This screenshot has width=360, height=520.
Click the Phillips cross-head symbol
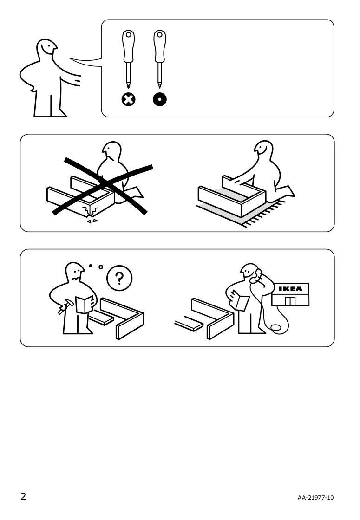(x=128, y=99)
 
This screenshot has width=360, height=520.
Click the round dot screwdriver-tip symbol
(x=160, y=99)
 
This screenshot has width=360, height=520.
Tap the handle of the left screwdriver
(x=128, y=46)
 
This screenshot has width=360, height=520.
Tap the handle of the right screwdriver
(x=160, y=46)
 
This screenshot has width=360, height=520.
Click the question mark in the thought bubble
(x=119, y=278)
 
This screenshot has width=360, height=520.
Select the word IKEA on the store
(x=290, y=289)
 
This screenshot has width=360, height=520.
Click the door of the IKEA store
(x=290, y=301)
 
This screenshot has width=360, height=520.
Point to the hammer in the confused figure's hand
(x=65, y=307)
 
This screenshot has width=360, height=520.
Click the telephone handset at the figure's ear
(x=255, y=276)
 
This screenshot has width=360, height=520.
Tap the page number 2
(x=23, y=496)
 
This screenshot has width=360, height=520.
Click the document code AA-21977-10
(x=315, y=497)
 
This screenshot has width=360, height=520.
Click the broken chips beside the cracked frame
(x=92, y=221)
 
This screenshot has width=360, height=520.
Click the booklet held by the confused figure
(x=84, y=304)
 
